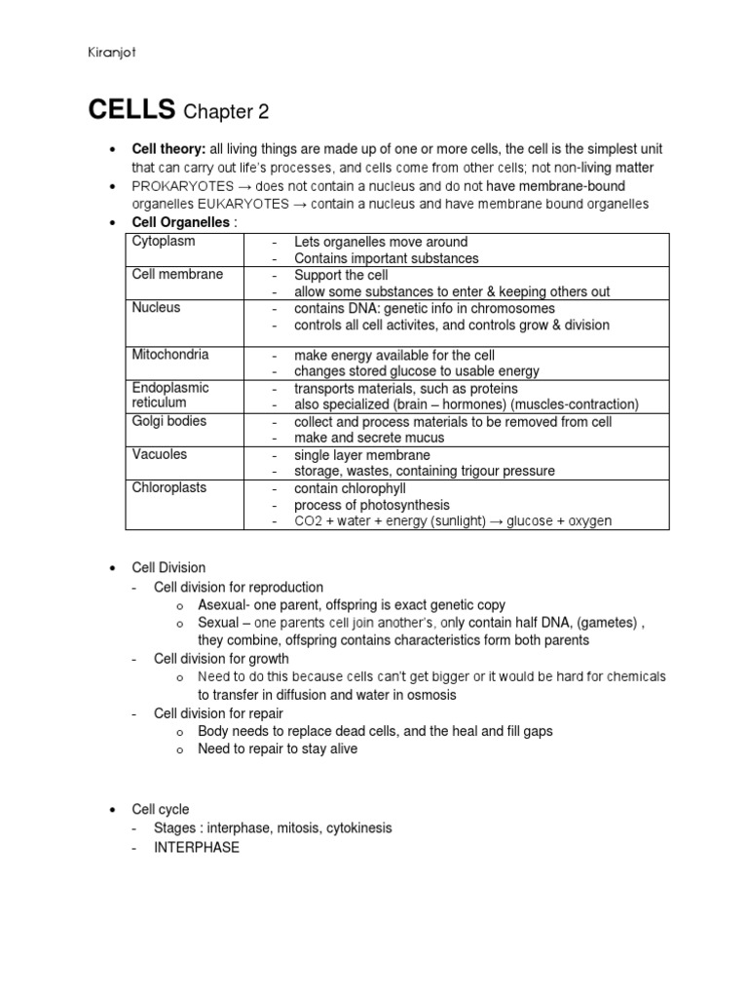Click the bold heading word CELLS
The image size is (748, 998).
[x=131, y=110]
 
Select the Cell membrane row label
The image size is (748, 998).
[x=177, y=274]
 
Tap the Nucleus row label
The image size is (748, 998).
[x=156, y=307]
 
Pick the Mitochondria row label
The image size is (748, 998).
[x=170, y=354]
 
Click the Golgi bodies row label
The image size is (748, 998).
[x=169, y=421]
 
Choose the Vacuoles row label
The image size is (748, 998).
[x=160, y=454]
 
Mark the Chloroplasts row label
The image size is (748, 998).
[x=169, y=487]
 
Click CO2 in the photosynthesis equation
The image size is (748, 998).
[x=307, y=521]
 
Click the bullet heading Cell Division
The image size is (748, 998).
[x=169, y=568]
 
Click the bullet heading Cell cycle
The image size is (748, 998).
[x=162, y=810]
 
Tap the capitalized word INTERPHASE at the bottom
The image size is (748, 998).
[x=196, y=847]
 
